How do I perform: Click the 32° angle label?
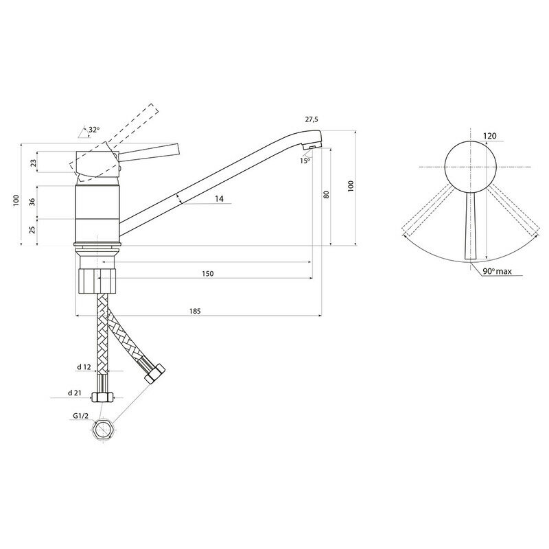pyautogui.click(x=93, y=129)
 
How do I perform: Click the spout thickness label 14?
pyautogui.click(x=219, y=198)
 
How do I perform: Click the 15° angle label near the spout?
pyautogui.click(x=305, y=160)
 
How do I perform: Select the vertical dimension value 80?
pyautogui.click(x=327, y=194)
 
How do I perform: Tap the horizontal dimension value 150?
pyautogui.click(x=208, y=273)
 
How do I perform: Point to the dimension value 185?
pyautogui.click(x=195, y=311)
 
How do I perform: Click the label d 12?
pyautogui.click(x=84, y=368)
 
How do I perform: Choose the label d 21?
pyautogui.click(x=75, y=393)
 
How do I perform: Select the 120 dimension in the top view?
pyautogui.click(x=489, y=136)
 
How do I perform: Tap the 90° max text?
pyautogui.click(x=497, y=272)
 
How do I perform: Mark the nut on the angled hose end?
pyautogui.click(x=155, y=374)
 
